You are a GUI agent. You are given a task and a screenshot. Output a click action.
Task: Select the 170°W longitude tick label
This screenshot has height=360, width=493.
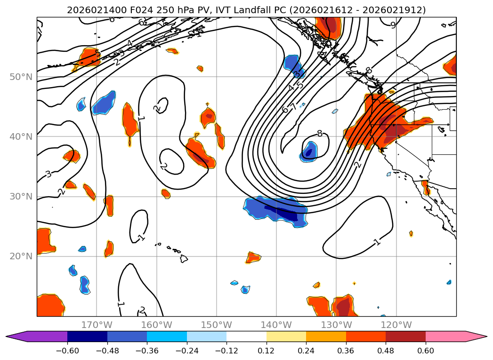[97, 325]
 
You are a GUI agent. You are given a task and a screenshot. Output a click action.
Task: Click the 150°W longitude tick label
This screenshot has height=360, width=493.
[217, 325]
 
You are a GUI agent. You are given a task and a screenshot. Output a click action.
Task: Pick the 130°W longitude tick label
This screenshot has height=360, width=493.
[336, 325]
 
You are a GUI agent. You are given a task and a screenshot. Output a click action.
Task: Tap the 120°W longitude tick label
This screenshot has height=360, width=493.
[396, 325]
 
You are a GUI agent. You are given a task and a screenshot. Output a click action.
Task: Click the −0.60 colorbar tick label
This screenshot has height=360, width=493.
[67, 351]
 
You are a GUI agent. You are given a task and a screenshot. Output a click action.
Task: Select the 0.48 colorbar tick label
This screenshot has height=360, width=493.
[386, 351]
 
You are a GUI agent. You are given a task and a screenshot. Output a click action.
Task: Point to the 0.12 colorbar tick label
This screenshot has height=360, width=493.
[267, 351]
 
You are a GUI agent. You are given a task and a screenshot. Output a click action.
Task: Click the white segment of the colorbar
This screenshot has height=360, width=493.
[246, 336]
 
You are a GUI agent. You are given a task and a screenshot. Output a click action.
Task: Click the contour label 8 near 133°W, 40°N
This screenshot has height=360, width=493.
[320, 133]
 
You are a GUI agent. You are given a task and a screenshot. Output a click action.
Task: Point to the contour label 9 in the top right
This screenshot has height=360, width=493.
[393, 25]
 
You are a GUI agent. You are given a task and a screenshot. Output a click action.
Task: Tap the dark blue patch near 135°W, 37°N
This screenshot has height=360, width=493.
[309, 152]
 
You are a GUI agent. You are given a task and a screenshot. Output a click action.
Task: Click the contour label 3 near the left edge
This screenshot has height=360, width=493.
[48, 174]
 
